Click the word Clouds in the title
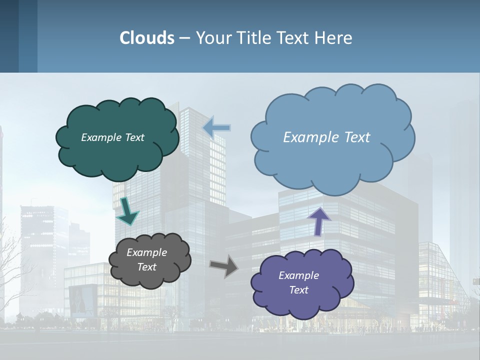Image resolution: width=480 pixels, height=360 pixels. pos(147,37)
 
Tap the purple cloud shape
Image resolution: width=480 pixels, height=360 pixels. pos(300,305)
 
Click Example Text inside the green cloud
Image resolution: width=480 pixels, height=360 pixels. pos(112,137)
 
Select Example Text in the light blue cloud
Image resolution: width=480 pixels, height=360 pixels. pos(326,137)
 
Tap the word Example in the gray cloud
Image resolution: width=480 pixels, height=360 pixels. pos(146,252)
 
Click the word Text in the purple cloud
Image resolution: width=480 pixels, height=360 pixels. pos(298,290)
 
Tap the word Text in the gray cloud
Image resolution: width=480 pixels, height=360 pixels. pos(146,267)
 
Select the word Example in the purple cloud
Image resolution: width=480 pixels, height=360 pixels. pos(298,275)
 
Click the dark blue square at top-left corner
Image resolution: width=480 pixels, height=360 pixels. pos(9,35)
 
